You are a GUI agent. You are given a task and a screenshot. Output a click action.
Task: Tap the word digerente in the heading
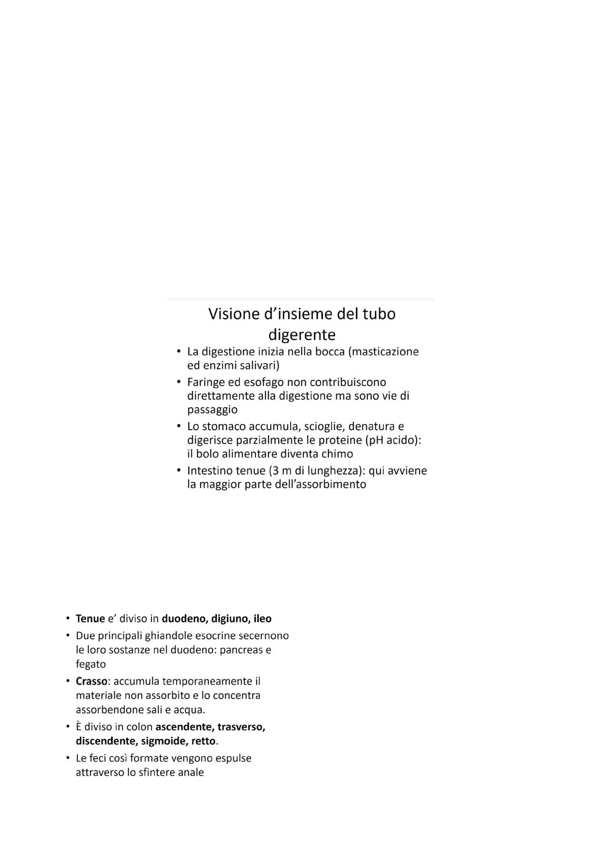[302, 334]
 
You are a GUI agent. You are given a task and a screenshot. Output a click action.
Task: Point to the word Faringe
[206, 382]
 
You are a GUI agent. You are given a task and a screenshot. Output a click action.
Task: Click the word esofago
[264, 382]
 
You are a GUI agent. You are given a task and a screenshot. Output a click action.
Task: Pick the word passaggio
[212, 409]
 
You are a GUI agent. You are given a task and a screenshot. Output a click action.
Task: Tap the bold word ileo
[263, 619]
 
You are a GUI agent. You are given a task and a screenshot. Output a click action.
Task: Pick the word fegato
[91, 664]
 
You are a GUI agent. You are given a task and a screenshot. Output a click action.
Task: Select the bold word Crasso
[92, 682]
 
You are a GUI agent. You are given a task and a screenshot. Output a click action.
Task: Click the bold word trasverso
[241, 727]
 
